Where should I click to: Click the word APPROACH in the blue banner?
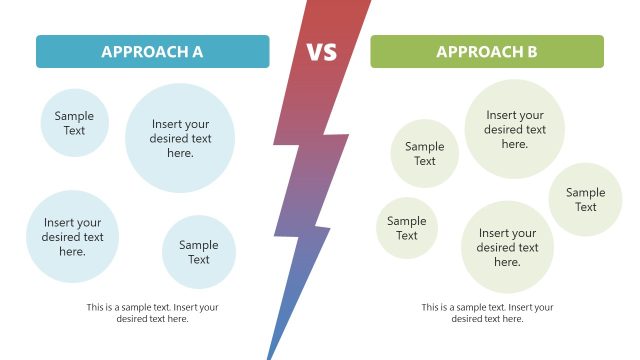click(142, 52)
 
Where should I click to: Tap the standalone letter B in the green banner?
click(532, 52)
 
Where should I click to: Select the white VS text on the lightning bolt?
click(322, 51)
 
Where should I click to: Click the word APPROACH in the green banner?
click(479, 52)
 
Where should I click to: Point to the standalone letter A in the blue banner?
click(197, 52)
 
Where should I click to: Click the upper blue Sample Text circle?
click(75, 123)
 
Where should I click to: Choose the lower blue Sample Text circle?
click(199, 252)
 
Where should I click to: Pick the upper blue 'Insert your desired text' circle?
click(180, 138)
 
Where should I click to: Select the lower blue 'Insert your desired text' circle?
click(72, 237)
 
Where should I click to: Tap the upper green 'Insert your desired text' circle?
click(515, 129)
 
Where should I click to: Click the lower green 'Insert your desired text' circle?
click(507, 247)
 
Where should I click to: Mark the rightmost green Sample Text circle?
click(585, 200)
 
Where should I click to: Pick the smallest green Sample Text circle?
click(407, 228)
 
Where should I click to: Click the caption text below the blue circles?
click(152, 313)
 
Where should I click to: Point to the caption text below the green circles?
click(487, 313)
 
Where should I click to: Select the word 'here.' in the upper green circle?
click(515, 144)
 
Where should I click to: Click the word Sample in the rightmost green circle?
click(585, 193)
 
